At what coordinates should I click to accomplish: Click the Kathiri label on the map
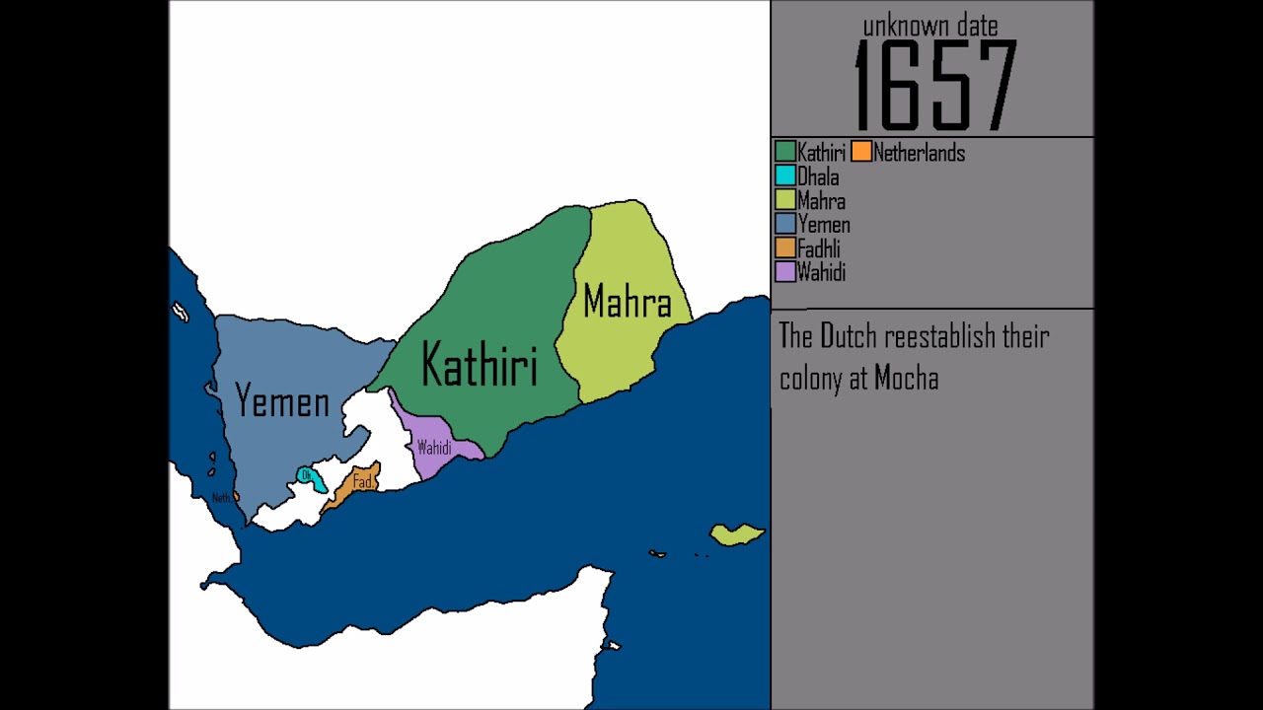(x=480, y=364)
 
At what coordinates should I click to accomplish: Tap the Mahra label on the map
(x=627, y=302)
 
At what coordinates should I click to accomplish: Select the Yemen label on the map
(x=282, y=401)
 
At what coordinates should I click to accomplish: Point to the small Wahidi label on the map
(x=434, y=448)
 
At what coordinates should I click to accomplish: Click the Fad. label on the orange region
(x=363, y=482)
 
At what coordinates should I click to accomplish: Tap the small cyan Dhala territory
(x=310, y=477)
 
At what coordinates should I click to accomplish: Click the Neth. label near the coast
(x=222, y=498)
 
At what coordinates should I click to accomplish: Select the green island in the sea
(x=736, y=534)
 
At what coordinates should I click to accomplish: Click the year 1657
(x=933, y=87)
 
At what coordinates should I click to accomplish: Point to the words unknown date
(x=930, y=27)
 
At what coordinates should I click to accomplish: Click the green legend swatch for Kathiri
(x=785, y=152)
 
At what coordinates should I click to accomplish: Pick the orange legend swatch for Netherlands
(x=861, y=152)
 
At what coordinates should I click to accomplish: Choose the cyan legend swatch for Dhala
(x=785, y=177)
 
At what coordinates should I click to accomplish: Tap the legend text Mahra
(x=821, y=201)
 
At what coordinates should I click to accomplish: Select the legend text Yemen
(x=823, y=225)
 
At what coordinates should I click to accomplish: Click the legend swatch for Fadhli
(x=785, y=248)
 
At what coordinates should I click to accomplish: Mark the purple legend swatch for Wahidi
(x=785, y=272)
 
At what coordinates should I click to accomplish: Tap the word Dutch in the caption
(x=850, y=336)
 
